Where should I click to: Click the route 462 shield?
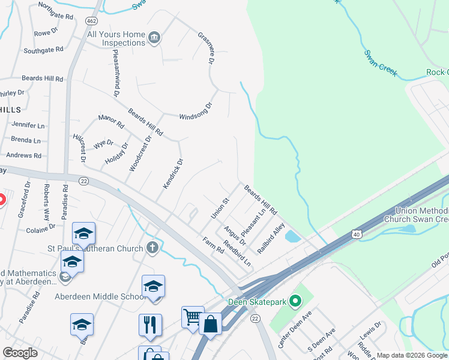pyautogui.click(x=91, y=20)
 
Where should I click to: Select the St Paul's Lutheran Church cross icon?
pyautogui.click(x=152, y=247)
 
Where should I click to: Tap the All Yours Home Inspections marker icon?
pyautogui.click(x=155, y=38)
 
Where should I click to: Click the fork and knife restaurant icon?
pyautogui.click(x=150, y=325)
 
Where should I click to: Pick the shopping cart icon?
pyautogui.click(x=192, y=316)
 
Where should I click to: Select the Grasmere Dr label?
pyautogui.click(x=206, y=48)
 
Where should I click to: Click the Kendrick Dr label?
pyautogui.click(x=172, y=174)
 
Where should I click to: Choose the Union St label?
pyautogui.click(x=220, y=208)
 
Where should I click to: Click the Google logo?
pyautogui.click(x=20, y=353)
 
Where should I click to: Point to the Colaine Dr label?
pyautogui.click(x=40, y=228)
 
